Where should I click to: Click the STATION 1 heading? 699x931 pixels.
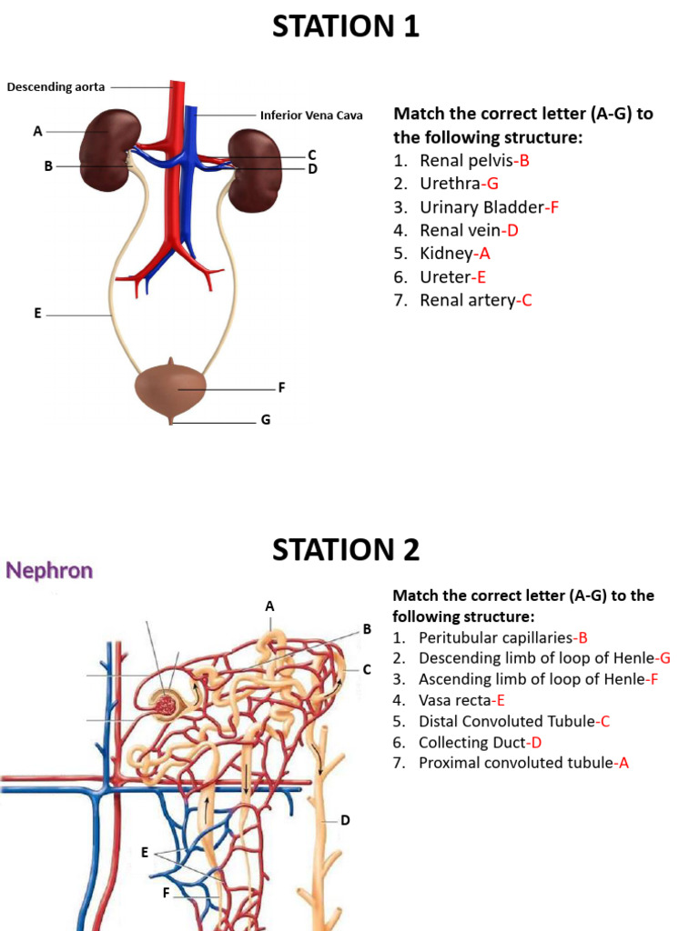pos(346,26)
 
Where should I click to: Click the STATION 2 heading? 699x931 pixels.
pos(346,549)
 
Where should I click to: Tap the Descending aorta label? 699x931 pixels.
pos(56,87)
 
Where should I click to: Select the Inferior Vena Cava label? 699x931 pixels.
pos(311,115)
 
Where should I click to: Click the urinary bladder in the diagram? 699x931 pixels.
pos(171,388)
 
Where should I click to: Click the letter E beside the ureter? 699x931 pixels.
pos(37,313)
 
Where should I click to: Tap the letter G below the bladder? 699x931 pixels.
pos(266,420)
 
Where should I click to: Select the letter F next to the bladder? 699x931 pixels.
pos(282,387)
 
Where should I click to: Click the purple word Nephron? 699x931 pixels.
pos(49,571)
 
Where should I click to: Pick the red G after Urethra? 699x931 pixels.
pos(492,184)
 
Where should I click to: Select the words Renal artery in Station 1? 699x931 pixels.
pos(467,300)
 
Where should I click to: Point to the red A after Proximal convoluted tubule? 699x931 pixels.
pos(623,763)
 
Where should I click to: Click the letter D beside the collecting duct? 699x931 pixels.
pos(345,820)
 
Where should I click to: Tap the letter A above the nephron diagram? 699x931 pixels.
pos(269,606)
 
